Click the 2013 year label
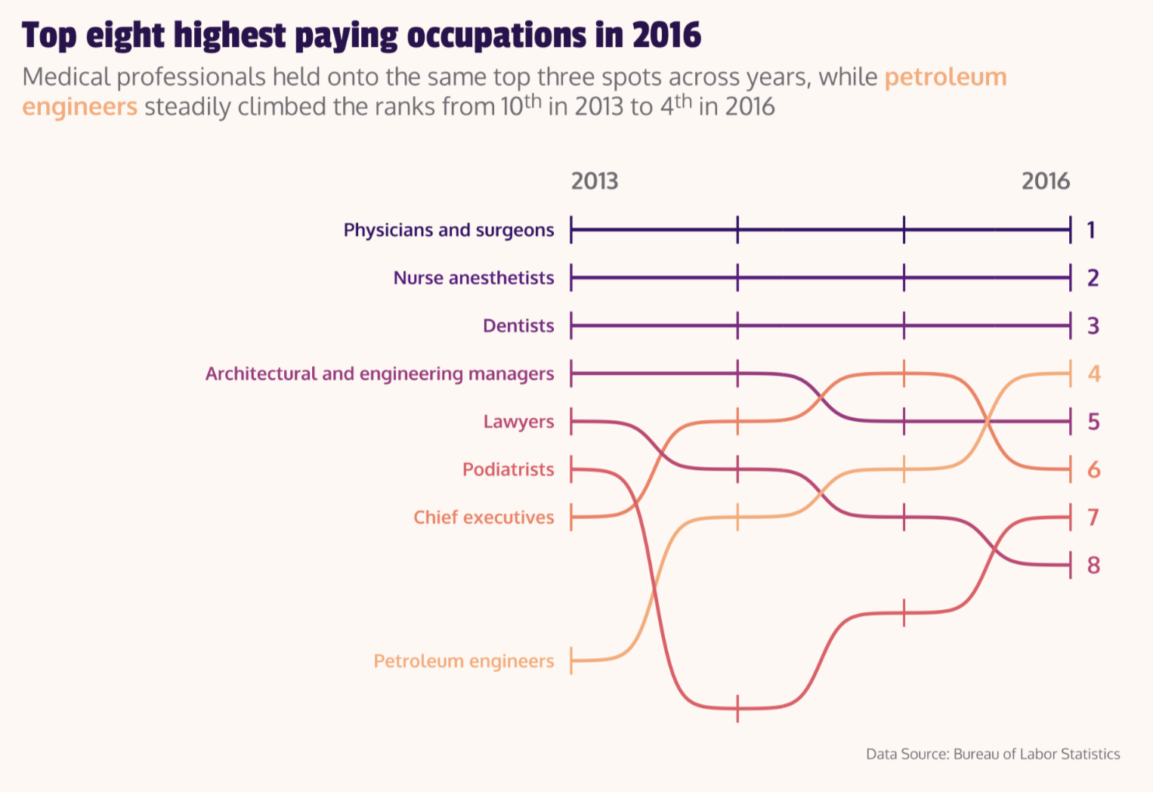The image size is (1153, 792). click(x=595, y=181)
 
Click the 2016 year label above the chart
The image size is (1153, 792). click(x=1046, y=181)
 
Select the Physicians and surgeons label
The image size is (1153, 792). click(x=449, y=230)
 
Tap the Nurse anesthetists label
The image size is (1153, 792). click(x=474, y=278)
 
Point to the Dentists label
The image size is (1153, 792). click(x=518, y=326)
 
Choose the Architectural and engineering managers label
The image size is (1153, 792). click(x=379, y=374)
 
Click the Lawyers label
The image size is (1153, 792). click(x=518, y=422)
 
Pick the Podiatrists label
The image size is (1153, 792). click(x=508, y=469)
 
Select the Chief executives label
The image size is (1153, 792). click(x=484, y=518)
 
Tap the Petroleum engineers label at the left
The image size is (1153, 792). click(x=464, y=661)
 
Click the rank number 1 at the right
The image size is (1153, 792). click(x=1091, y=230)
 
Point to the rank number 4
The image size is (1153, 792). click(x=1093, y=374)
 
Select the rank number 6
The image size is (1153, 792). click(x=1093, y=470)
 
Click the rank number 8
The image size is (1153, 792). click(x=1093, y=565)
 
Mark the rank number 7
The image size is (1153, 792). click(x=1093, y=518)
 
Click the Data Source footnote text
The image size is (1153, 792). click(x=993, y=754)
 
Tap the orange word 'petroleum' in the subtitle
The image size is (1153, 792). click(x=945, y=77)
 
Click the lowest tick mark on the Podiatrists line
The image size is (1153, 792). click(x=737, y=708)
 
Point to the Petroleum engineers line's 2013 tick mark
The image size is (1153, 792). click(x=571, y=661)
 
